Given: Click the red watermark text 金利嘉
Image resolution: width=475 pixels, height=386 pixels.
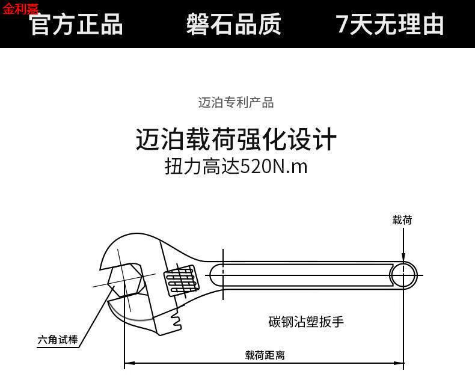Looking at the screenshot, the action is pos(20,8).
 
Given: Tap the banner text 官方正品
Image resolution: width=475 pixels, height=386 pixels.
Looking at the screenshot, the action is pos(77,24).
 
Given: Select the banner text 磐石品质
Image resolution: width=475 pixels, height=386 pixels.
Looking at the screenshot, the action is pos(233,24).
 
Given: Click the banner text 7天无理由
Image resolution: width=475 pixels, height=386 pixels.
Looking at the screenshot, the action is pos(390,24).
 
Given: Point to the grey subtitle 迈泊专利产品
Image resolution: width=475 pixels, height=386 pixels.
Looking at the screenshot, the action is pos(236,102).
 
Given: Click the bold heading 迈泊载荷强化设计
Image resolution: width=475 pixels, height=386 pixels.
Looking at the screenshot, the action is pos(236,139).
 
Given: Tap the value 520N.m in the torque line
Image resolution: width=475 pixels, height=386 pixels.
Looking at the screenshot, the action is pos(274,167).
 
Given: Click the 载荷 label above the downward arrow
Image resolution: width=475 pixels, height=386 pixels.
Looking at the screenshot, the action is pos(402,220).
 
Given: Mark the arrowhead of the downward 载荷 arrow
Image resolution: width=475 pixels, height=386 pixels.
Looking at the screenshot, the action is pos(403,257).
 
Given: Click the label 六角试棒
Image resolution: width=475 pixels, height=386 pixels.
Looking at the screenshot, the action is pos(58,340).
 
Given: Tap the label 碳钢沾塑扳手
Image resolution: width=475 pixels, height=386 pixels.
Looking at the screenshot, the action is pos(306,322).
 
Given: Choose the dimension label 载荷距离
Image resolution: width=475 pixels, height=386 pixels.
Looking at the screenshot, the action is pos(265,355).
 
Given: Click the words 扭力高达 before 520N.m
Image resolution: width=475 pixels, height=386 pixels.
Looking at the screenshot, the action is pos(203,167).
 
